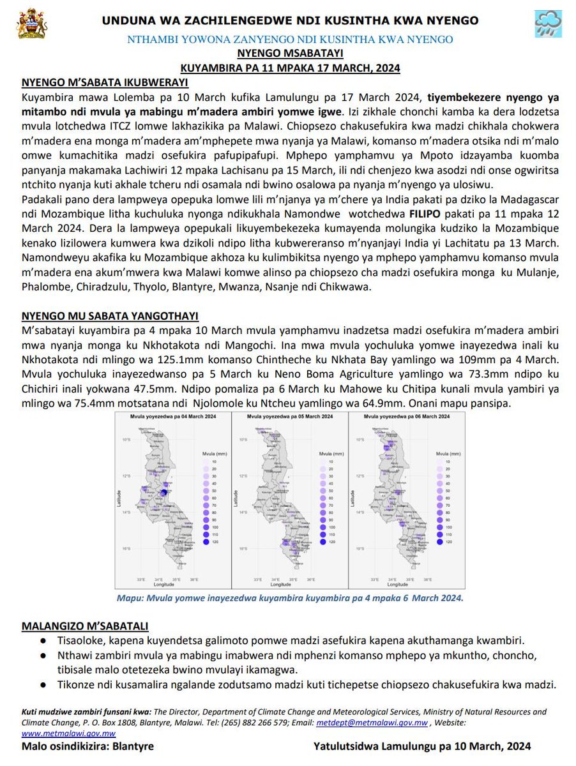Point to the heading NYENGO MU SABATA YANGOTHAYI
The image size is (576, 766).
110,316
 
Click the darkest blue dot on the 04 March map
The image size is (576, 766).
165,492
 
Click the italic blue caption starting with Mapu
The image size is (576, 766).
289,598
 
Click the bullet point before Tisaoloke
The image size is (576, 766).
42,640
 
